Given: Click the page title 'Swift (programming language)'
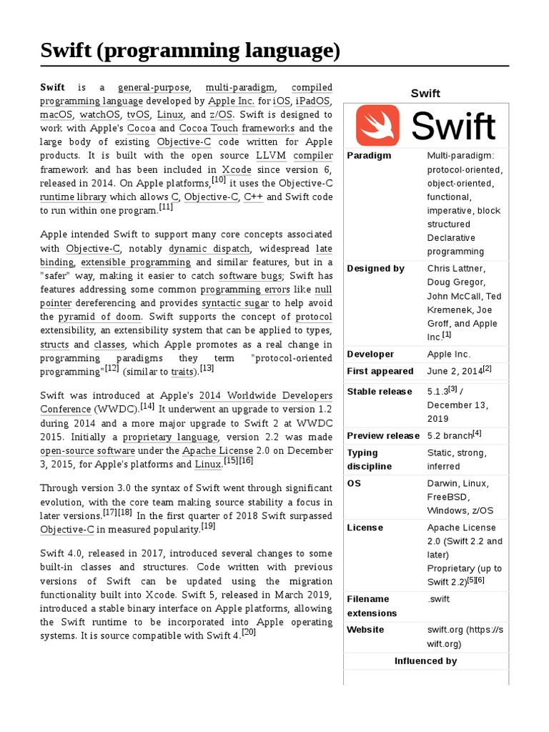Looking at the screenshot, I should [189, 51].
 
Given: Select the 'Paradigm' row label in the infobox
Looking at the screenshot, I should [369, 156].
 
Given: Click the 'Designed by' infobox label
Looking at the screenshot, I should [375, 269].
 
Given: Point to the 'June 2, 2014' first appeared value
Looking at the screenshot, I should [455, 371].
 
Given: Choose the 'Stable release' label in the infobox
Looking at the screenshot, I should [379, 392].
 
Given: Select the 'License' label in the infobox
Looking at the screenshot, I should [365, 528].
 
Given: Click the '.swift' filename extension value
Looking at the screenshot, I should [440, 599].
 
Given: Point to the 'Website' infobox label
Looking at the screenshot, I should [365, 630].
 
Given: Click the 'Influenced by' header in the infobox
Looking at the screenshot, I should [425, 661].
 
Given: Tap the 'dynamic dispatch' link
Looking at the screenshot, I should [209, 249].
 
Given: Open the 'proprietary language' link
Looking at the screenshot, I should [171, 437].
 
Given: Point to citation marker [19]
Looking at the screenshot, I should [208, 527].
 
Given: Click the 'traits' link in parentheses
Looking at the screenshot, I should [183, 372].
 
